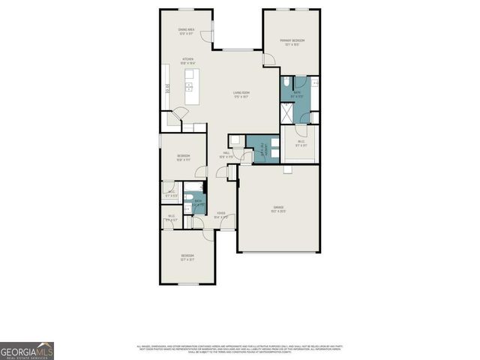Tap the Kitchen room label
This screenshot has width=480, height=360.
(187, 61)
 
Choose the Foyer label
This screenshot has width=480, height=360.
(221, 214)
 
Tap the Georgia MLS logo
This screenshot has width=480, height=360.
(26, 350)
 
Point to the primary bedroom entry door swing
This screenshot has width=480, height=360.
(268, 59)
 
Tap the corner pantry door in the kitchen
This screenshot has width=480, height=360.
(178, 117)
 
